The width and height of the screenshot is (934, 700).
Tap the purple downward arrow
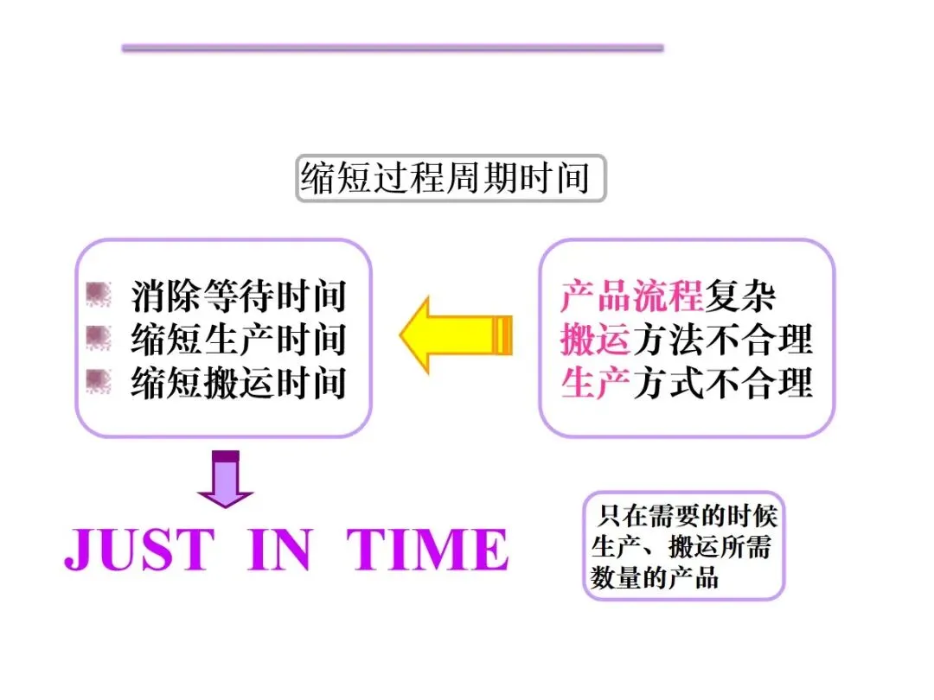click(x=226, y=480)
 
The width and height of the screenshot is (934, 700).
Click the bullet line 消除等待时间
click(x=239, y=296)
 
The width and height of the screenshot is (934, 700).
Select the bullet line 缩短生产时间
click(x=239, y=339)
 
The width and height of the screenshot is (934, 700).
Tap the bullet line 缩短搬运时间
click(x=239, y=382)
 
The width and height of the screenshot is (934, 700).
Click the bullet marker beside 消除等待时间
click(x=99, y=296)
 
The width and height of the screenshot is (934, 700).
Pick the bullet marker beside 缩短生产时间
click(x=99, y=338)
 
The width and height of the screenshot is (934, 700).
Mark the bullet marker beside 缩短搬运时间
click(x=99, y=381)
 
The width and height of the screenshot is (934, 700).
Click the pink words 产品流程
click(x=631, y=296)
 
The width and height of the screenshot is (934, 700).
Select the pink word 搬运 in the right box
click(x=595, y=340)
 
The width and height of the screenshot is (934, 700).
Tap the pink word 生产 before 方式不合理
click(x=595, y=382)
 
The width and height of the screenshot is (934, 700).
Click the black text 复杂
click(x=739, y=296)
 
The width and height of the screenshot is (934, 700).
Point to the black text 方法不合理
click(x=723, y=340)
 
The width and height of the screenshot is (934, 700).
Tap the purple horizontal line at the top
click(x=393, y=48)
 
